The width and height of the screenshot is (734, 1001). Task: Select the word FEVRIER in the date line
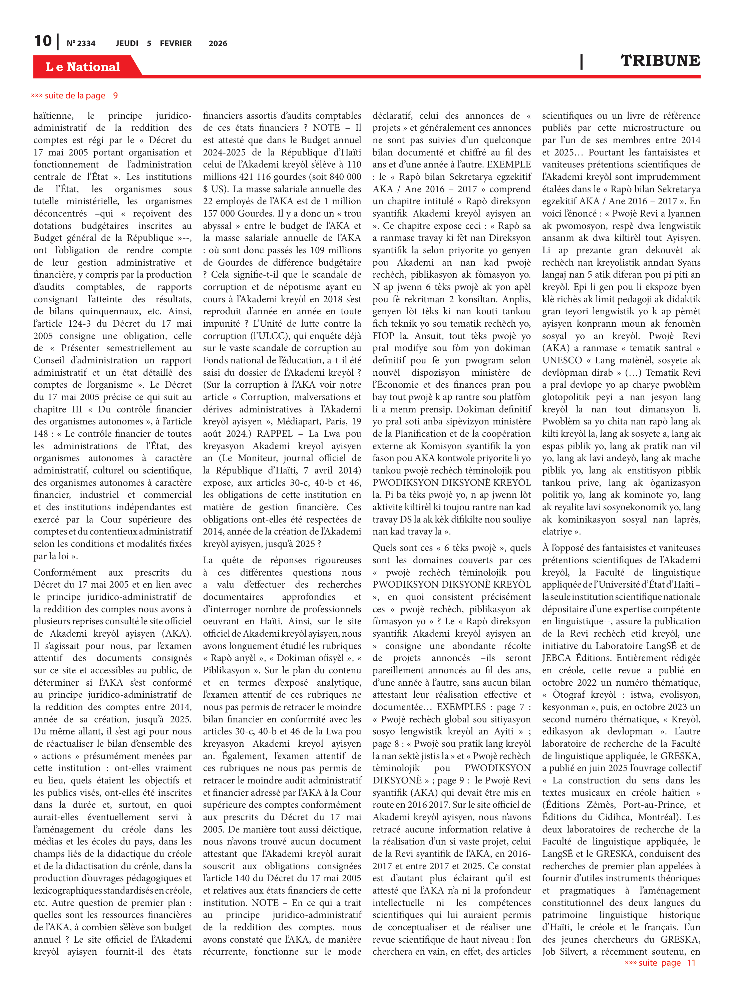coord(175,43)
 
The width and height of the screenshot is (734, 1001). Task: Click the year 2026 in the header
coord(218,43)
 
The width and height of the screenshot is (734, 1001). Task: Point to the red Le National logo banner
coord(83,67)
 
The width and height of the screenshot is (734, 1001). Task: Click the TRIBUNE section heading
coord(660,60)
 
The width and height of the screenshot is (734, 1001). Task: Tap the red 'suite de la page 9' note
coord(74,95)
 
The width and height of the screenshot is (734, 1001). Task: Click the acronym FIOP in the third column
coord(383,336)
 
